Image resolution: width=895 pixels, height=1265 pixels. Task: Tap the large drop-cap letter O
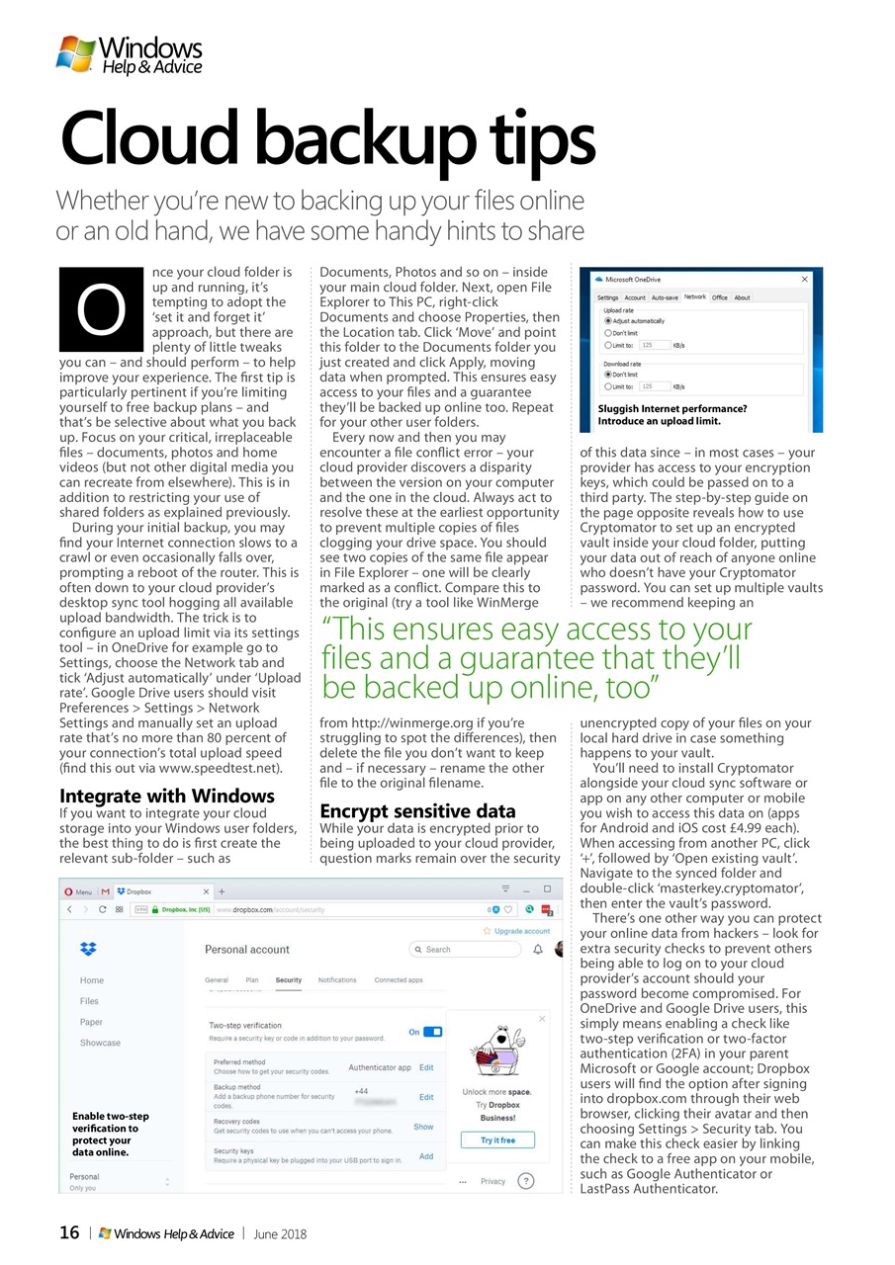(x=102, y=309)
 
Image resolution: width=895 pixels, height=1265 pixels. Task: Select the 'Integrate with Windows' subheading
(x=167, y=795)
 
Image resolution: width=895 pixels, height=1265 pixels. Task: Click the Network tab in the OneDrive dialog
(x=694, y=296)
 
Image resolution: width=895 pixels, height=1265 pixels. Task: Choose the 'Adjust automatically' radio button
(x=607, y=321)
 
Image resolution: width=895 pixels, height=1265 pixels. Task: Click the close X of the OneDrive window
(x=804, y=280)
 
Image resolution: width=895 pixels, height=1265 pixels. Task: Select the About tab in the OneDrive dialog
(x=742, y=297)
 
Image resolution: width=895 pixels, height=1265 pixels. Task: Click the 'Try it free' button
(x=497, y=1139)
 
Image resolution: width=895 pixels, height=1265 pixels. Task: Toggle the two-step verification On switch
(x=432, y=1032)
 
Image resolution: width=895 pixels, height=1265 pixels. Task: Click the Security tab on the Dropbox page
(x=289, y=980)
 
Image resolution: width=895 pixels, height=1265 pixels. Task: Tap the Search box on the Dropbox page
(x=464, y=950)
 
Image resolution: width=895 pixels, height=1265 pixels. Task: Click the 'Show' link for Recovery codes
(x=423, y=1127)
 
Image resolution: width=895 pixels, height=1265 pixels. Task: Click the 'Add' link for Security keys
(x=426, y=1156)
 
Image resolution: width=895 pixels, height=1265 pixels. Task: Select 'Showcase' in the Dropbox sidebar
(x=100, y=1043)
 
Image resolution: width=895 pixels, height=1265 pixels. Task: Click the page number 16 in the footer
(x=69, y=1232)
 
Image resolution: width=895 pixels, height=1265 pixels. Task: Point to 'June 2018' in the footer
(x=280, y=1233)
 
